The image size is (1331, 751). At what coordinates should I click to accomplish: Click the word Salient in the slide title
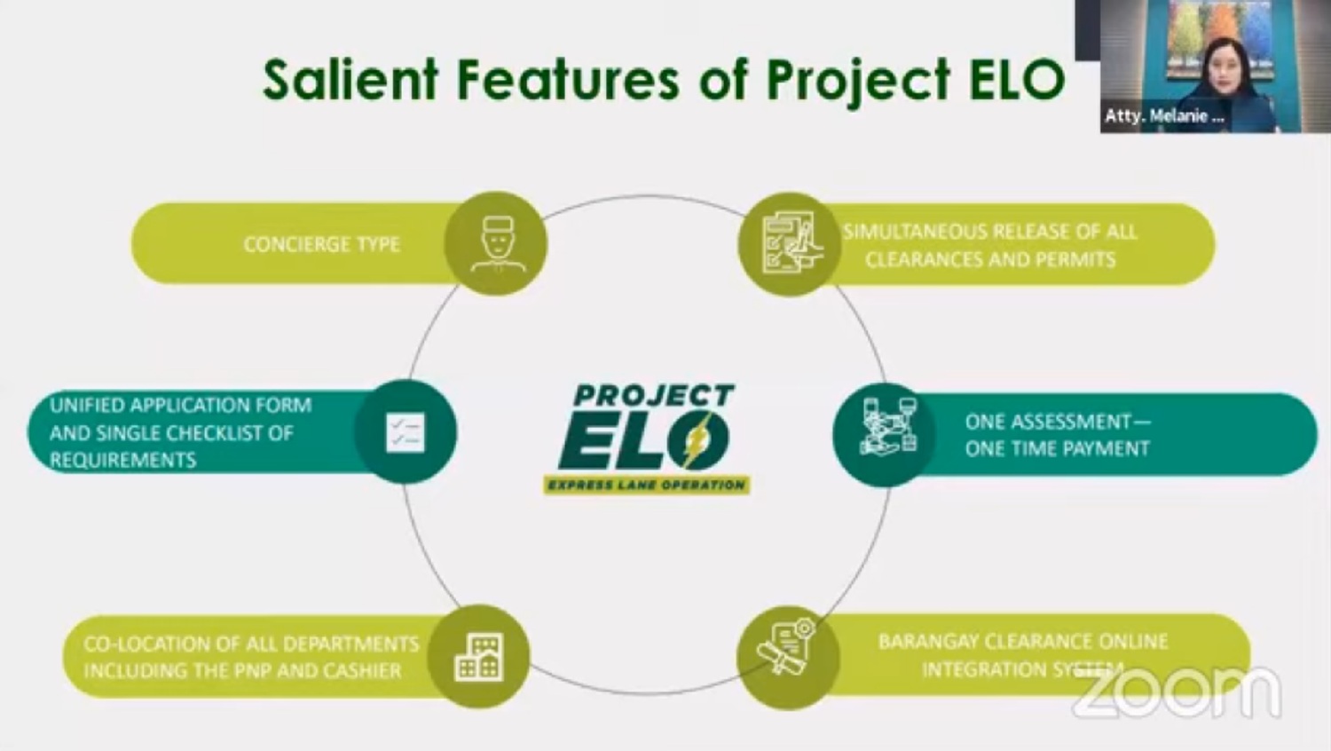(x=350, y=80)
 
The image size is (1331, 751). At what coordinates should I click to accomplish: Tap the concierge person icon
(x=498, y=244)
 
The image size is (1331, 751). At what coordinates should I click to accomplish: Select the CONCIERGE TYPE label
(x=322, y=244)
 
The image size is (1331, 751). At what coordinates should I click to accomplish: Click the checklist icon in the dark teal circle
(x=406, y=432)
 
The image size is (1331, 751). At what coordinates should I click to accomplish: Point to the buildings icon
(x=479, y=657)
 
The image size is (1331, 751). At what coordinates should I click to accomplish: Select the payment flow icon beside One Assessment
(x=889, y=427)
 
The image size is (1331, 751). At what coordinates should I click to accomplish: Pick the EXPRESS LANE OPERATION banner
(x=647, y=486)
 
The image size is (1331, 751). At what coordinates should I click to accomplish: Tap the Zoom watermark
(x=1177, y=693)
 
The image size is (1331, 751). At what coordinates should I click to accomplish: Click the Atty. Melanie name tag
(x=1164, y=115)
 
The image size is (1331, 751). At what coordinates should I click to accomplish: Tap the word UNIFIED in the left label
(x=87, y=406)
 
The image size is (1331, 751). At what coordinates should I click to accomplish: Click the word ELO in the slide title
(x=1017, y=80)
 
